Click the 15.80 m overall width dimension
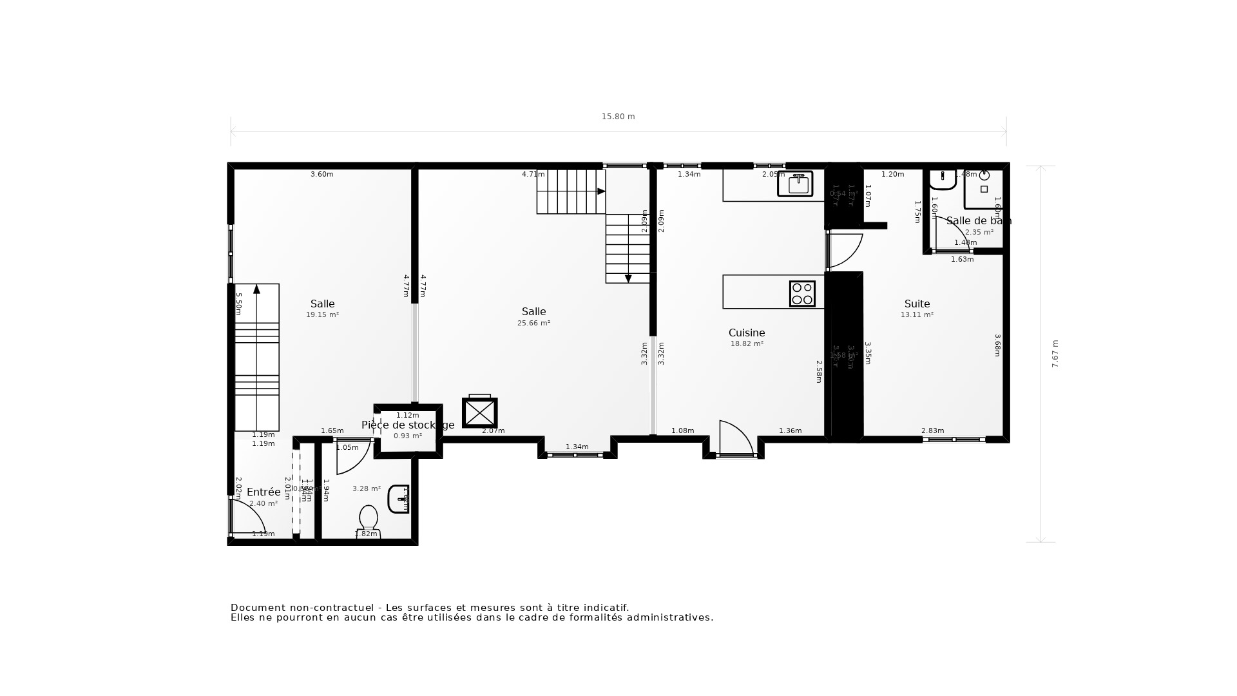coord(618,117)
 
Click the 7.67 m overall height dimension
coord(1055,354)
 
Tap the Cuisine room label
coord(747,333)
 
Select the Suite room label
coord(917,304)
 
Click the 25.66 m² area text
coord(533,324)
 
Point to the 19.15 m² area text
coord(322,315)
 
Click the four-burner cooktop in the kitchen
coord(802,294)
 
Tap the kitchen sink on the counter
coord(798,184)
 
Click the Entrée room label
coord(264,492)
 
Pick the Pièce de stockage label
coord(407,425)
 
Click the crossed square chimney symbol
coord(479,413)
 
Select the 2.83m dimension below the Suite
coord(932,430)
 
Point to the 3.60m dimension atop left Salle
coord(321,174)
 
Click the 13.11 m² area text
coord(917,315)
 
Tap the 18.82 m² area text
coord(747,344)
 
